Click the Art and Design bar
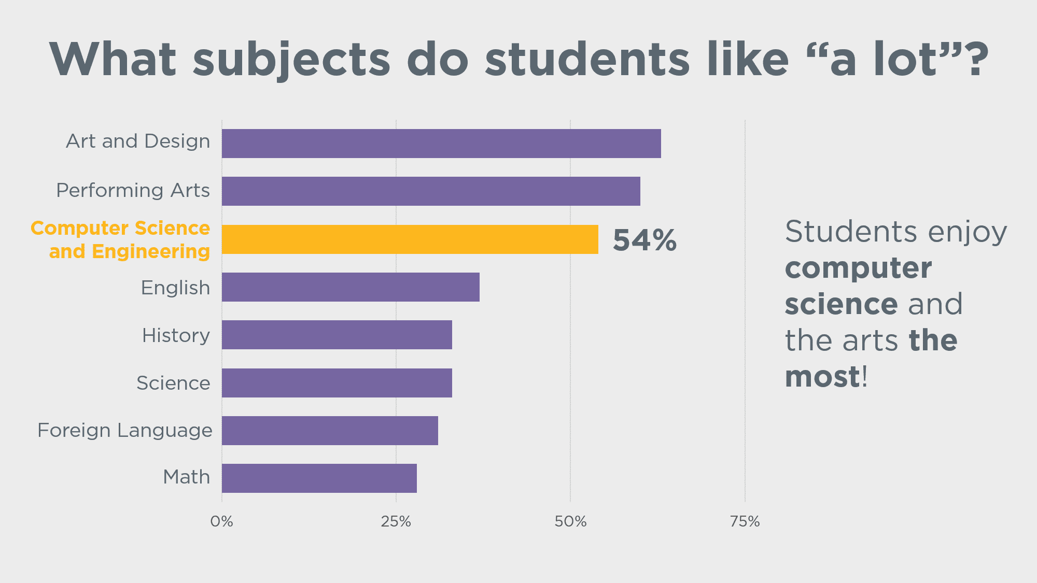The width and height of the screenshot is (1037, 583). pyautogui.click(x=441, y=144)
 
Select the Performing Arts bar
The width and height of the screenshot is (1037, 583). pyautogui.click(x=431, y=191)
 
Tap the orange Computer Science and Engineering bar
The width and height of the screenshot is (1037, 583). pyautogui.click(x=410, y=239)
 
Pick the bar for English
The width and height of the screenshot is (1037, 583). pyautogui.click(x=351, y=287)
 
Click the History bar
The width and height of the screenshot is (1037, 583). pyautogui.click(x=337, y=335)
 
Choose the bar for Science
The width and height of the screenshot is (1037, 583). pyautogui.click(x=337, y=383)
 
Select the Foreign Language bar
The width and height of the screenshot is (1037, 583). pyautogui.click(x=330, y=431)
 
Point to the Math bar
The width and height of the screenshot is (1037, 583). pyautogui.click(x=319, y=478)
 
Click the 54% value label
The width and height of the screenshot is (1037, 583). pyautogui.click(x=644, y=240)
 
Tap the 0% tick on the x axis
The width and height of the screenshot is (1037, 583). pyautogui.click(x=222, y=521)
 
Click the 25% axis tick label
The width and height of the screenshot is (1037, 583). pyautogui.click(x=396, y=521)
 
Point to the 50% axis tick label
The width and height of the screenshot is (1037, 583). pyautogui.click(x=570, y=521)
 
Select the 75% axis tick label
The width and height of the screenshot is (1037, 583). pyautogui.click(x=745, y=521)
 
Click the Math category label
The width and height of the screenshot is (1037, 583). pyautogui.click(x=187, y=477)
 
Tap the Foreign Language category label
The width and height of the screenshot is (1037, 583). pyautogui.click(x=125, y=431)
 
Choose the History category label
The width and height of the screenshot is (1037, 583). pyautogui.click(x=176, y=336)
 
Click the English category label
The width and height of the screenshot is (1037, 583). pyautogui.click(x=176, y=288)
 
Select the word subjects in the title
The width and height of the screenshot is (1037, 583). pyautogui.click(x=291, y=60)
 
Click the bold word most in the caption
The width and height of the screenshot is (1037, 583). pyautogui.click(x=822, y=377)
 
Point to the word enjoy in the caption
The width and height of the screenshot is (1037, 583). pyautogui.click(x=968, y=233)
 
